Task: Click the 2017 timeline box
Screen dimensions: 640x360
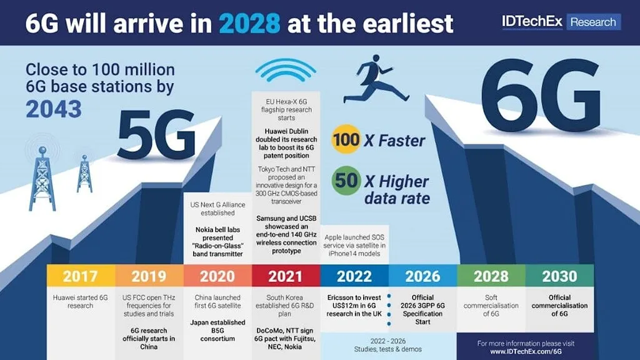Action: pyautogui.click(x=81, y=276)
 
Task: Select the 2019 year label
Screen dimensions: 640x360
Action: pyautogui.click(x=149, y=276)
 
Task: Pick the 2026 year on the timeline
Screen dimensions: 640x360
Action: pyautogui.click(x=423, y=276)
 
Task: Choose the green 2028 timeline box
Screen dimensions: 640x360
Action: pyautogui.click(x=491, y=276)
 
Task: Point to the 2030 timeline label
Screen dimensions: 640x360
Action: pyautogui.click(x=559, y=276)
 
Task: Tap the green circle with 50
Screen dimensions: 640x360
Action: pyautogui.click(x=346, y=181)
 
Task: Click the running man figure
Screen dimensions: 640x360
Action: pyautogui.click(x=376, y=79)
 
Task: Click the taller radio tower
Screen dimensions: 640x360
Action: pyautogui.click(x=42, y=179)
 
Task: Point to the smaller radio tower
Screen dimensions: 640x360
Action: pyautogui.click(x=84, y=174)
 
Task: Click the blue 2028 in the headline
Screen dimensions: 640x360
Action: pyautogui.click(x=249, y=23)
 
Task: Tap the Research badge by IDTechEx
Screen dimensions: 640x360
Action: pyautogui.click(x=593, y=22)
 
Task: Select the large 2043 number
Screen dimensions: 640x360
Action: pyautogui.click(x=54, y=109)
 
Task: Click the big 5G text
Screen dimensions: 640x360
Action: pyautogui.click(x=156, y=134)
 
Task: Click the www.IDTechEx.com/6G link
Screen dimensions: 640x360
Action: pyautogui.click(x=526, y=351)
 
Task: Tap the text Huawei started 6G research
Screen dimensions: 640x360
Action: pyautogui.click(x=81, y=302)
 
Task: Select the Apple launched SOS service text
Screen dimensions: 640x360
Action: pyautogui.click(x=354, y=245)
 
